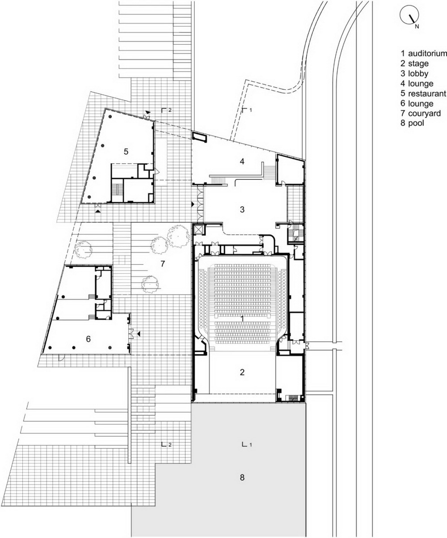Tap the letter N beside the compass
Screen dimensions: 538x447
pos(417,26)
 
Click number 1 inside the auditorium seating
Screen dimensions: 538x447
pos(242,318)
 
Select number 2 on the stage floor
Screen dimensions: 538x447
pos(242,372)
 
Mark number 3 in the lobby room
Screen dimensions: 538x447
pos(242,209)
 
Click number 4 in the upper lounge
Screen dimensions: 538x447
pos(242,161)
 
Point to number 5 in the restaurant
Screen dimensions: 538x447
pos(126,152)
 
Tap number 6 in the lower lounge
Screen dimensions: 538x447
pos(88,339)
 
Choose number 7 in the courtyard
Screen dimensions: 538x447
pos(162,263)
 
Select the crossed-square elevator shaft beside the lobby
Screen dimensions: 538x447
pos(198,229)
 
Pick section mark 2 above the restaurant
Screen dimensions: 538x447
pos(166,109)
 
